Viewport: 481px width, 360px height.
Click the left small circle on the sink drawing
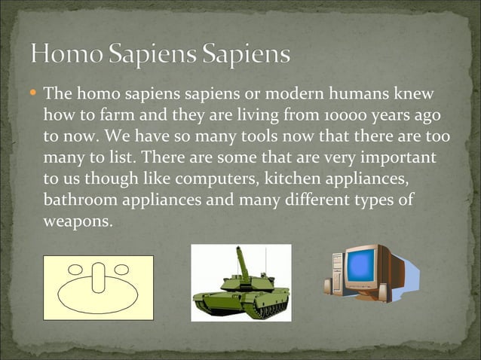tap(77, 267)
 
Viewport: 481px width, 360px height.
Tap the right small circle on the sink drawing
tap(121, 267)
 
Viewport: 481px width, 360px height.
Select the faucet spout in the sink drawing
tap(99, 276)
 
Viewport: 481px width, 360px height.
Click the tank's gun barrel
tap(242, 260)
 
